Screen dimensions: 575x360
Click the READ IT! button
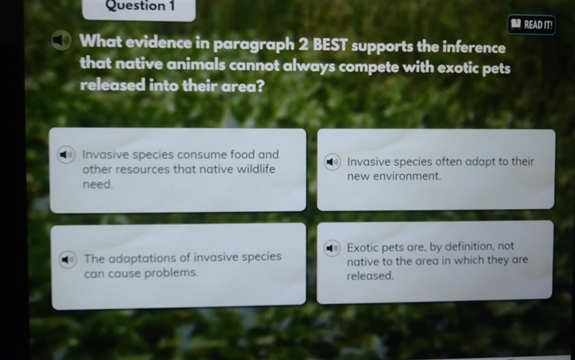coord(531,24)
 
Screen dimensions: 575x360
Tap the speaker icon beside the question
coord(61,40)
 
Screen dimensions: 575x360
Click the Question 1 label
coord(139,6)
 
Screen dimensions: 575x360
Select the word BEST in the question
coord(330,45)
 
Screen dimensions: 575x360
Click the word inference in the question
coord(474,47)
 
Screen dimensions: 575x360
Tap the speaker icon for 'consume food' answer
coord(66,154)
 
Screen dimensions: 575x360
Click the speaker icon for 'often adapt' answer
coord(332,162)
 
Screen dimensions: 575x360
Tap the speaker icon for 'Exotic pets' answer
coord(332,248)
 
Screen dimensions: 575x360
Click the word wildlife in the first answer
coord(256,169)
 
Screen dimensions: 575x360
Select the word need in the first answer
coord(98,184)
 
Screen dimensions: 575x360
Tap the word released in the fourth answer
coord(370,276)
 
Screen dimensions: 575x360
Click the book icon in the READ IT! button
coord(515,24)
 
